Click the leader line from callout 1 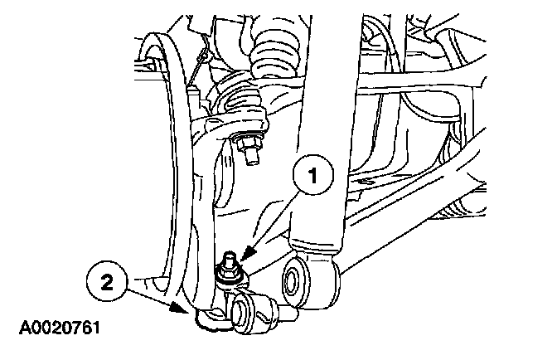tap(269, 216)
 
